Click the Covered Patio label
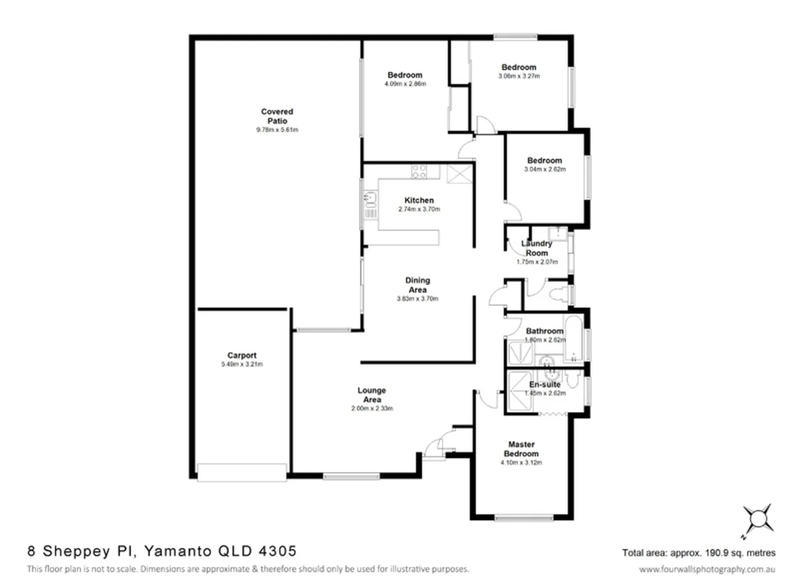[x=277, y=116]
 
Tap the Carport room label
[x=242, y=356]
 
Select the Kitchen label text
[x=419, y=200]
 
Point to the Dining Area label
[x=417, y=285]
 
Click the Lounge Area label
[x=372, y=395]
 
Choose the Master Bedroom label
[x=521, y=449]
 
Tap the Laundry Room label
[x=536, y=248]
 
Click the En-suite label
[x=545, y=385]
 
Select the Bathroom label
[x=544, y=331]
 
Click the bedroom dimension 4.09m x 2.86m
[x=405, y=84]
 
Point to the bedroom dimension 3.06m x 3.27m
[x=519, y=76]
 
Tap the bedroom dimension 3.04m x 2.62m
[x=545, y=169]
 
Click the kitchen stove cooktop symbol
[x=419, y=172]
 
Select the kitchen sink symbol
[x=370, y=199]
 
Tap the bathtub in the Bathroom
[x=574, y=338]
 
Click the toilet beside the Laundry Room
[x=558, y=295]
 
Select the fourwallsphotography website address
[x=707, y=569]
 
